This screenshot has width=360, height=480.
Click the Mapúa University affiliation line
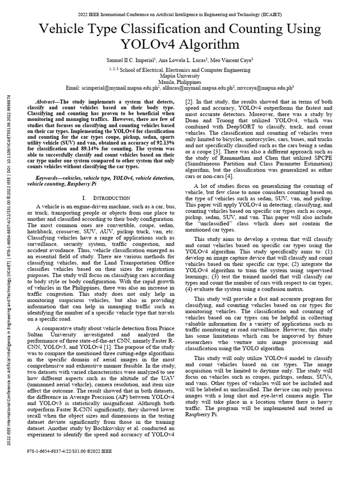tap(180, 75)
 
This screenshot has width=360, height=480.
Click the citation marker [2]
tap(189, 102)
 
